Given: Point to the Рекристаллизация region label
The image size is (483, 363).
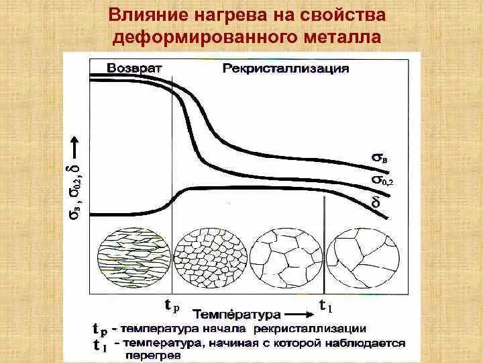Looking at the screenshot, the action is pyautogui.click(x=286, y=69).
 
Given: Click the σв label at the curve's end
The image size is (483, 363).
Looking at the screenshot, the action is pyautogui.click(x=379, y=159).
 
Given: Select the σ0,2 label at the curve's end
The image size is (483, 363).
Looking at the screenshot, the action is pyautogui.click(x=382, y=180).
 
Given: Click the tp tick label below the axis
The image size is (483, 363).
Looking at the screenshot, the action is pyautogui.click(x=172, y=306).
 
